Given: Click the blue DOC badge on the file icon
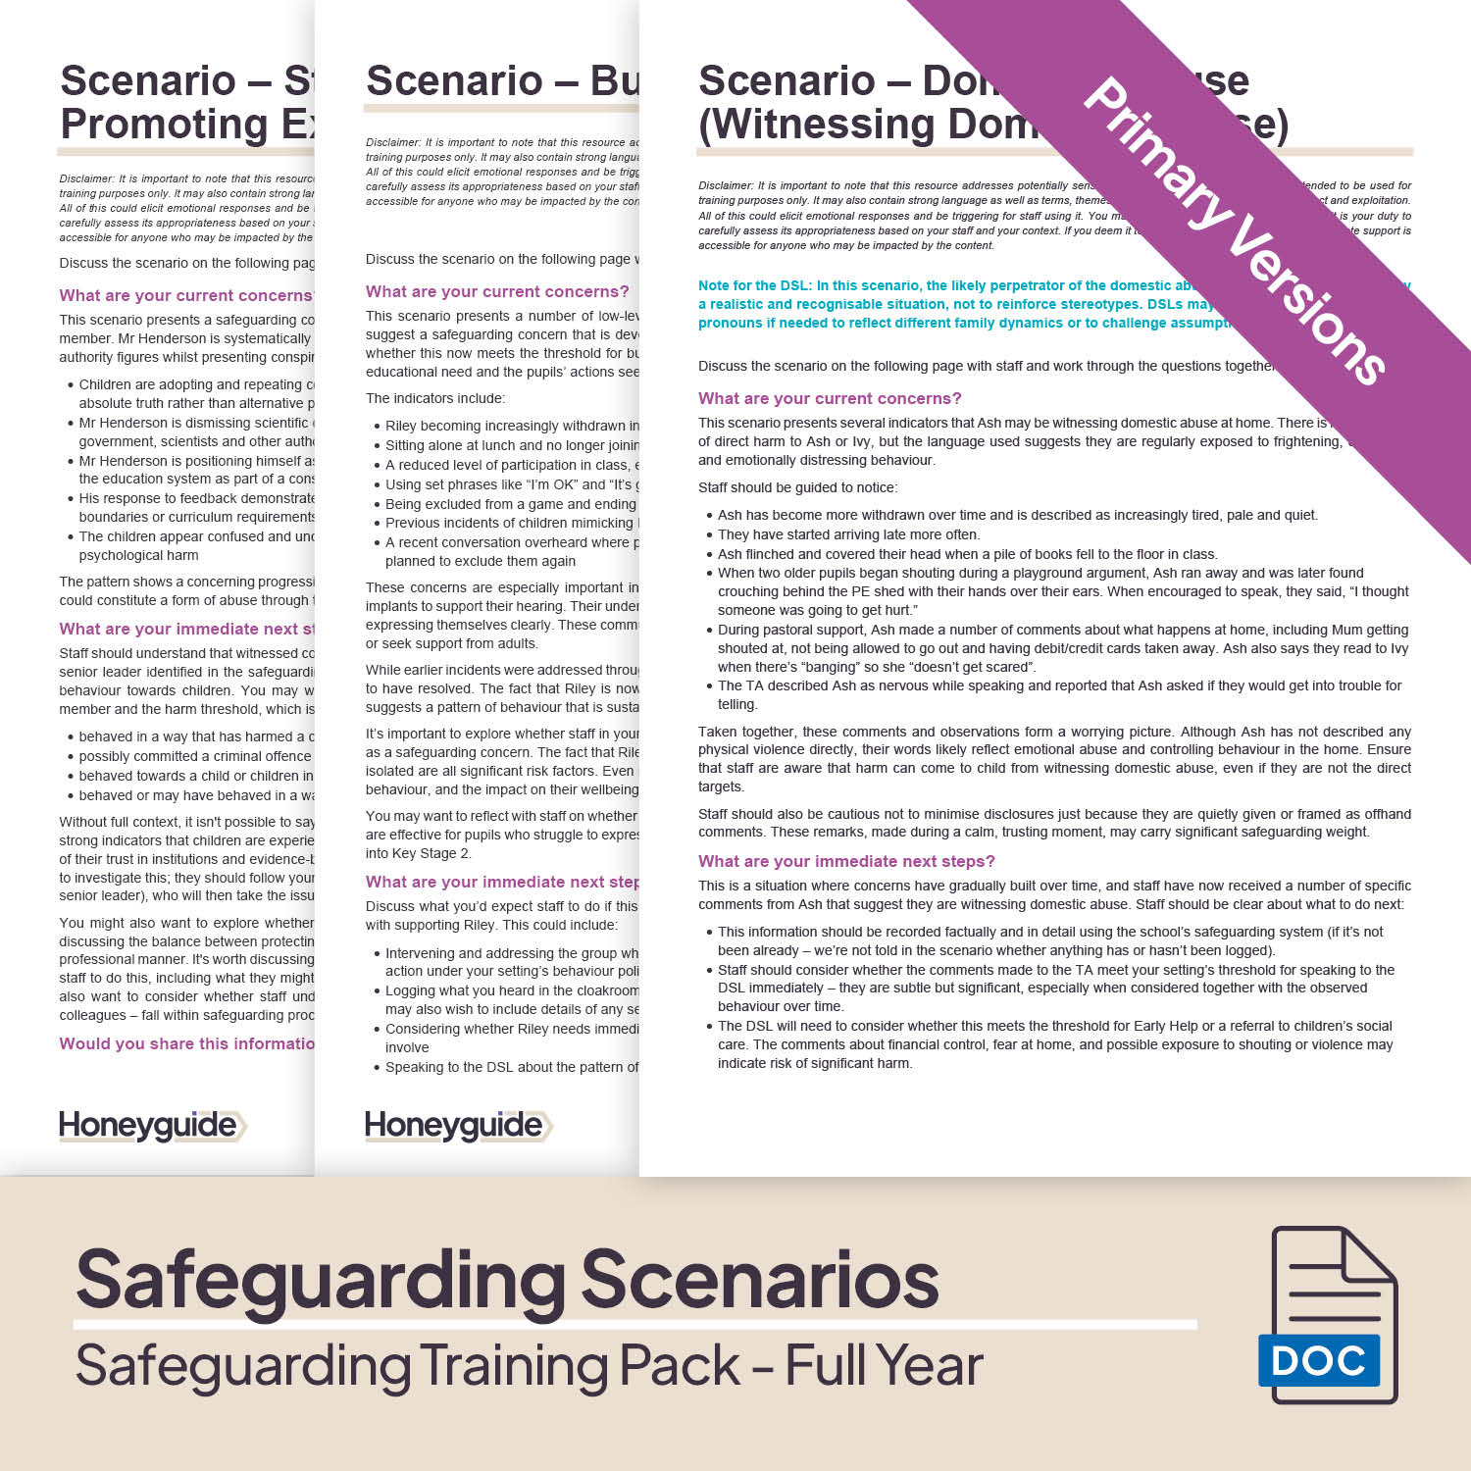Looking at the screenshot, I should pos(1318,1360).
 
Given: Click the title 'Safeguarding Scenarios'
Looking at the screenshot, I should pos(507,1279).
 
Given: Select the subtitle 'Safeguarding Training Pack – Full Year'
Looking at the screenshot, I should pos(530,1366).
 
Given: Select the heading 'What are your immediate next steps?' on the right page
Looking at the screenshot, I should pos(846,861).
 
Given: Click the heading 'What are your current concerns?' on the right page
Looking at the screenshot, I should pos(830,398).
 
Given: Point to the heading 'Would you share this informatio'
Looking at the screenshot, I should pos(186,1043).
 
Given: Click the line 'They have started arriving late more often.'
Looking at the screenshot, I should pos(848,534).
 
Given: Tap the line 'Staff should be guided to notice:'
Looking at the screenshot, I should pos(797,487).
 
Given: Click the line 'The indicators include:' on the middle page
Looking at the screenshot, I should pos(435,398).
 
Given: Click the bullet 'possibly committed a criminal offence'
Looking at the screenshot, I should pos(195,756).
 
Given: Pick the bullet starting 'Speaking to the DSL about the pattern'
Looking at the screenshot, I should pos(511,1067).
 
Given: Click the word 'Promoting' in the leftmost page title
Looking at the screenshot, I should pos(164,125).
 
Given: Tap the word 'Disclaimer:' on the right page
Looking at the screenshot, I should pos(726,185).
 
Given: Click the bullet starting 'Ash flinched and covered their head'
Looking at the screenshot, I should pos(967,554).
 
